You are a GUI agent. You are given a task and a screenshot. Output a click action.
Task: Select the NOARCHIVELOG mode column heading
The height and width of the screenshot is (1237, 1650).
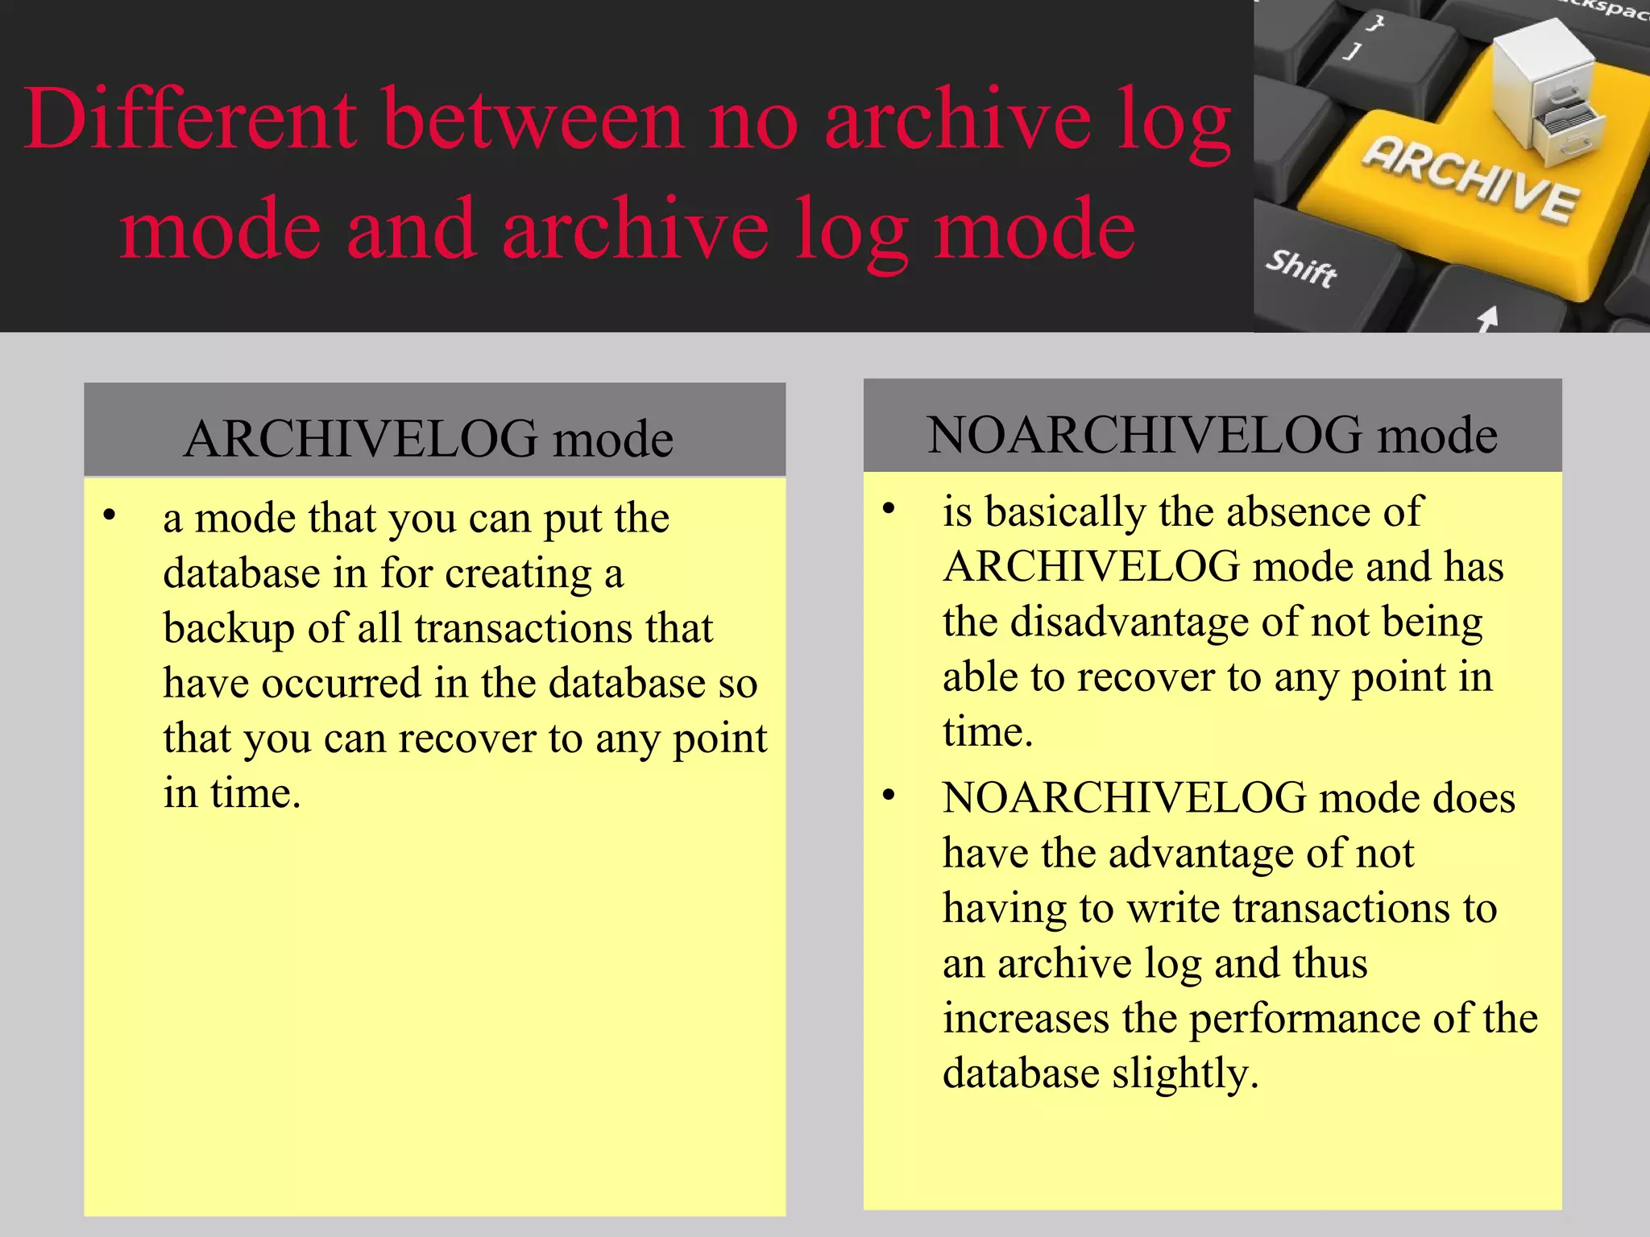[x=1212, y=435]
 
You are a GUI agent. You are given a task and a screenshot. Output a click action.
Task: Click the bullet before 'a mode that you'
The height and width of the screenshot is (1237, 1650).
[x=110, y=515]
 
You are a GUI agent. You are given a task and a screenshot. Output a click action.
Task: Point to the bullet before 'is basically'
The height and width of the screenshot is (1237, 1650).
[x=889, y=509]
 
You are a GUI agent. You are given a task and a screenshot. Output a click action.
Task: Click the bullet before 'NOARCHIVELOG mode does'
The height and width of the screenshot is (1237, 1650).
[x=889, y=796]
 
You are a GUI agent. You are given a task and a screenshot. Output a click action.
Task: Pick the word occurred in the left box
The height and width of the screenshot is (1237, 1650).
[x=342, y=683]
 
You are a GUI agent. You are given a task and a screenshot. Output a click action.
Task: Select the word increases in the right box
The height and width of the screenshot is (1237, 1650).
[x=1026, y=1018]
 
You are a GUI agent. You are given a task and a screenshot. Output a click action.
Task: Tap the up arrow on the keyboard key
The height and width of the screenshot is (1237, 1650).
[x=1487, y=319]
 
